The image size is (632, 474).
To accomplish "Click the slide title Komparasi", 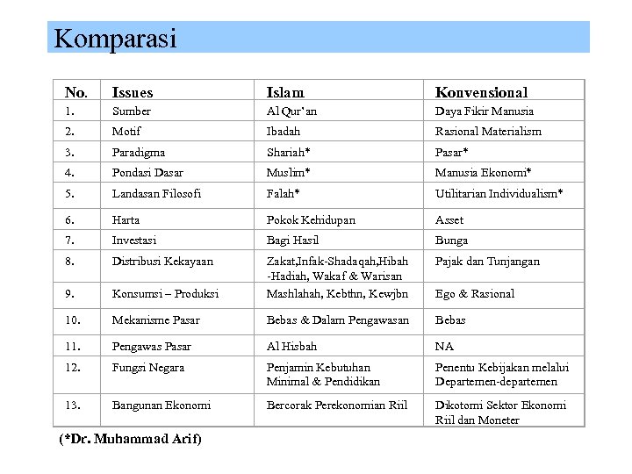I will [x=115, y=39].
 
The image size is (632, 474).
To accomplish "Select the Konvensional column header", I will [x=481, y=92].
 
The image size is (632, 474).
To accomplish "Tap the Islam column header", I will [x=285, y=92].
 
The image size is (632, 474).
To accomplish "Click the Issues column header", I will [x=133, y=92].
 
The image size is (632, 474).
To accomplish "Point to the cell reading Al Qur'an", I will [x=292, y=111].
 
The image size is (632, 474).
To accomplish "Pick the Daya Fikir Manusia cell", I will [x=485, y=111].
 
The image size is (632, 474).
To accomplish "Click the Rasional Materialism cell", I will [x=488, y=132].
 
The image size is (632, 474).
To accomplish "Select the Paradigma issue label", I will [x=138, y=152].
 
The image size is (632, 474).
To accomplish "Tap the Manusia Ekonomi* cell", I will [x=484, y=173].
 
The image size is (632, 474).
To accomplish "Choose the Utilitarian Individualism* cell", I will [x=499, y=193].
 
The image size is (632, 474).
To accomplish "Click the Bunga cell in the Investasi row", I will [x=451, y=241].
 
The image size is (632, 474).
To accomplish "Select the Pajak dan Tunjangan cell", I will [x=487, y=262].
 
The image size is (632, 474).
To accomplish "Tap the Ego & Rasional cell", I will [x=475, y=294].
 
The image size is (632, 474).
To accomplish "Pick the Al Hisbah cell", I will [x=291, y=347].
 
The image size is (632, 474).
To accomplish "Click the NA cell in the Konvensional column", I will [x=444, y=347].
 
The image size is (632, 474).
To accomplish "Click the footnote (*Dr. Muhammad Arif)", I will [x=129, y=439].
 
